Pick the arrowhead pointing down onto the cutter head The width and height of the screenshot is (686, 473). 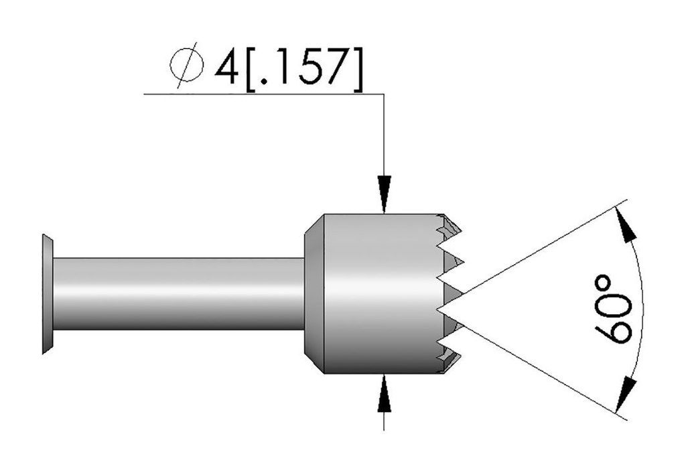point(384,195)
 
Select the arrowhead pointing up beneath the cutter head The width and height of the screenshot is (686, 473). point(384,392)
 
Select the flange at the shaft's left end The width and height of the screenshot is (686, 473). point(47,294)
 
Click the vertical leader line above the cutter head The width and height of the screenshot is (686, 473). point(384,134)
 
